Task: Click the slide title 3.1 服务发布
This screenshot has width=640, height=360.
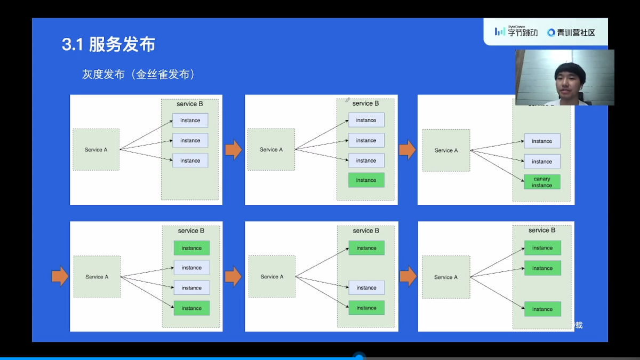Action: coord(108,45)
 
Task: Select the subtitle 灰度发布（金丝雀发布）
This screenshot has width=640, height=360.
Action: coord(138,75)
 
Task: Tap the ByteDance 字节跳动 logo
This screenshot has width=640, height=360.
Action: coord(515,32)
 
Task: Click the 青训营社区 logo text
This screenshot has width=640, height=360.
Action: coord(571,33)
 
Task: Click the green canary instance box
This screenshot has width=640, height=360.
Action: coord(541,182)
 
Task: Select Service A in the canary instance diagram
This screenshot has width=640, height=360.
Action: coord(446,150)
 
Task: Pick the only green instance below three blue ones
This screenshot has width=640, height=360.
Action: coord(366,180)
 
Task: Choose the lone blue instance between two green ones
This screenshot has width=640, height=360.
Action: coord(366,288)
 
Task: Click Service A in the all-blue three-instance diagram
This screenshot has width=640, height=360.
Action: coord(96,150)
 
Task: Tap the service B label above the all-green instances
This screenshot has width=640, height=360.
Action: coord(542,230)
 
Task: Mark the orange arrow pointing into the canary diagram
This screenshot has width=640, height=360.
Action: coord(407,150)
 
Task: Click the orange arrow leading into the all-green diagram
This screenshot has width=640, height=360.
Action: coord(408,276)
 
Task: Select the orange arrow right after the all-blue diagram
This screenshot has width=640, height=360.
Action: coord(233,150)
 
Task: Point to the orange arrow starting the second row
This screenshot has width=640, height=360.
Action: coord(60,276)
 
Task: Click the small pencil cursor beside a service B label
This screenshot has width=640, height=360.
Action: coord(347,99)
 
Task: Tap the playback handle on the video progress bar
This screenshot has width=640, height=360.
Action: coord(359,357)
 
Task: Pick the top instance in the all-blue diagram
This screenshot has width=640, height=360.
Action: coord(190,121)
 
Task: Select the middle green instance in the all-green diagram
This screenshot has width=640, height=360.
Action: coord(542,268)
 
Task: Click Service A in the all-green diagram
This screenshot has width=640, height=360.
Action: coord(446,277)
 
